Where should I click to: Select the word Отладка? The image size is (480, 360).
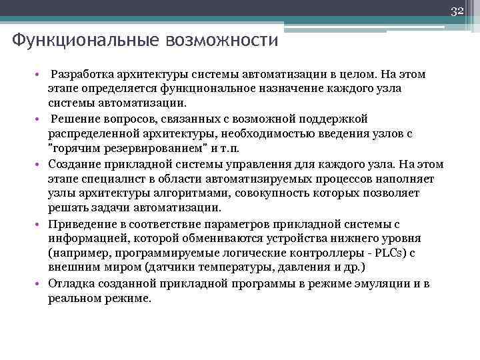(70, 284)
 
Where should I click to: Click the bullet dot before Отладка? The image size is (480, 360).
(41, 284)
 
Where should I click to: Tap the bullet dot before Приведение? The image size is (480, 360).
(41, 224)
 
